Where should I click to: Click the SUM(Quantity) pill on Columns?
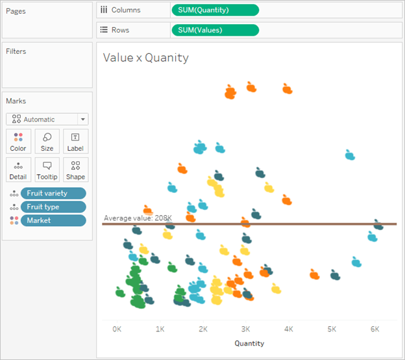(x=214, y=10)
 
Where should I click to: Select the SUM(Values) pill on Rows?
(x=214, y=30)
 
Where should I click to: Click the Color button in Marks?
(x=18, y=141)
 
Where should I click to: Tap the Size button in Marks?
(x=47, y=141)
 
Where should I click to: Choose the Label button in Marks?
(x=75, y=141)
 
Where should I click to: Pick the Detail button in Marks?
(x=18, y=169)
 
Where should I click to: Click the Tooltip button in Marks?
(x=47, y=169)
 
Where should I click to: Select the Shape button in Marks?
(x=75, y=169)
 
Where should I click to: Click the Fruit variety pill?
(x=53, y=193)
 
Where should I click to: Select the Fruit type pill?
(x=53, y=207)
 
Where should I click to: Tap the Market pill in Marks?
(x=53, y=220)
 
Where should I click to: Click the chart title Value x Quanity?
(x=145, y=58)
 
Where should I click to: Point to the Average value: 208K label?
(x=138, y=218)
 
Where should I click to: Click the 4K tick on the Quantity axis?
(x=289, y=329)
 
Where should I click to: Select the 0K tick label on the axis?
(x=117, y=329)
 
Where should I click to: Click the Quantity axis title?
(x=249, y=343)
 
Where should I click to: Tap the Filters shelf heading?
(x=16, y=51)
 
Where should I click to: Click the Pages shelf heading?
(x=15, y=10)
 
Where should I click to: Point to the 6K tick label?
(x=375, y=329)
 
